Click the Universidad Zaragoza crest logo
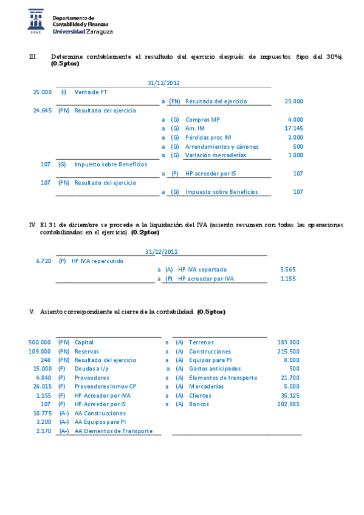click(36, 22)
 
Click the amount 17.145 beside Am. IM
click(294, 129)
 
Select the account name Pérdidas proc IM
click(208, 138)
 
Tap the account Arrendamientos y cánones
click(222, 146)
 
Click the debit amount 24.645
click(42, 111)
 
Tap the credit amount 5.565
click(287, 270)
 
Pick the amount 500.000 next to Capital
click(39, 343)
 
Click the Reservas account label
click(87, 352)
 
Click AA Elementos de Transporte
click(114, 431)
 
